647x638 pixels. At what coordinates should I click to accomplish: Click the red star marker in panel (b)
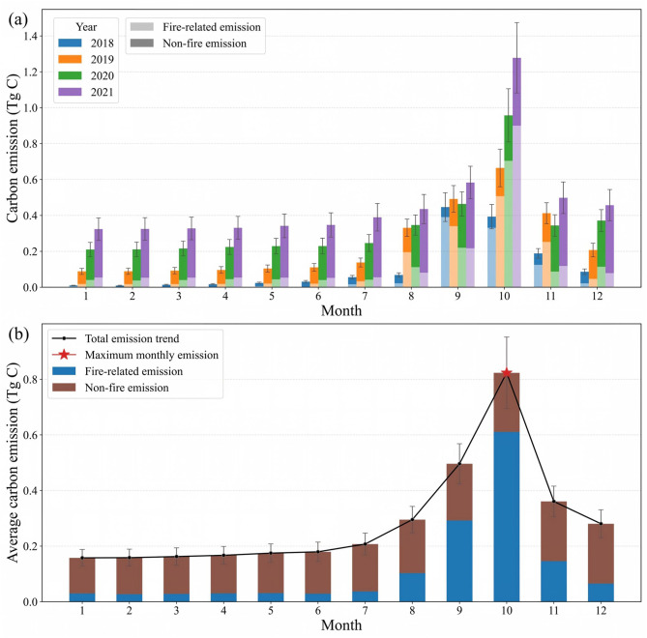507,373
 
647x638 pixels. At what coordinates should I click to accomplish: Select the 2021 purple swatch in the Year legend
70,92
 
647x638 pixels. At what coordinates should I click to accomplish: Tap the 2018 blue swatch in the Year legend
70,43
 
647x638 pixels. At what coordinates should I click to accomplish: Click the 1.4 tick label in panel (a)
30,37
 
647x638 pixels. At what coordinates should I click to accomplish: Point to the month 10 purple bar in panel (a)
516,172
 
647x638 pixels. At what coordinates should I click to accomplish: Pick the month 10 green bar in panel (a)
509,201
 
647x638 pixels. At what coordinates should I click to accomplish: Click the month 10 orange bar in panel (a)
500,227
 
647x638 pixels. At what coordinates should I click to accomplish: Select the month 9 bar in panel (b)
459,533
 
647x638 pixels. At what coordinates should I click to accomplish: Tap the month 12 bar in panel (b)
601,563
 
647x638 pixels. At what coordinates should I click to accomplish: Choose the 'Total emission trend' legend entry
115,338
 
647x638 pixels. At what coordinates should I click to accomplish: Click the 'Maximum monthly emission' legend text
152,355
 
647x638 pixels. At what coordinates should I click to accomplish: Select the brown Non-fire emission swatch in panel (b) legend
64,388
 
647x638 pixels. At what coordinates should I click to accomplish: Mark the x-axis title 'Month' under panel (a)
341,310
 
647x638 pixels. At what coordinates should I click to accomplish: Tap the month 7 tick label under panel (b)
365,610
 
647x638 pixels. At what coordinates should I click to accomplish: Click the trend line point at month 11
554,502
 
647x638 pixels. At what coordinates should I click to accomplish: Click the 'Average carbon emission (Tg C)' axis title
14,462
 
